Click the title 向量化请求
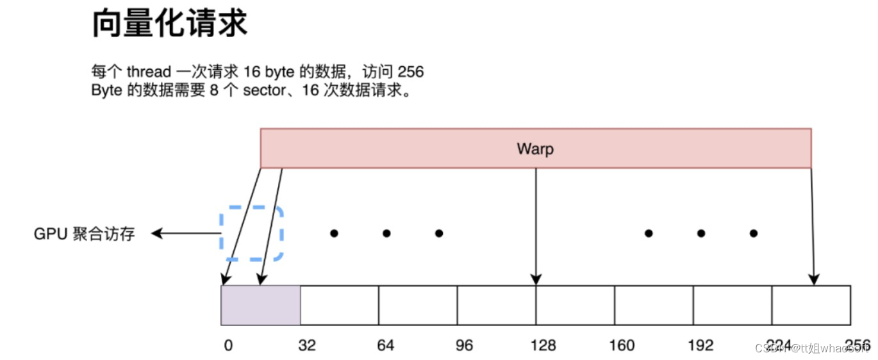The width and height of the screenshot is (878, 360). (x=169, y=24)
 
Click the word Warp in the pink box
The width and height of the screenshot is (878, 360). (x=535, y=149)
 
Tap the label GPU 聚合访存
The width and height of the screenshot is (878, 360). (x=84, y=234)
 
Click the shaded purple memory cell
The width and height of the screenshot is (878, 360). (x=260, y=305)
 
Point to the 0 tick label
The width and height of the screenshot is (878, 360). (x=228, y=346)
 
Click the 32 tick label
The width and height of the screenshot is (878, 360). (x=307, y=346)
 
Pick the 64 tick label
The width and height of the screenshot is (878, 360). (x=386, y=346)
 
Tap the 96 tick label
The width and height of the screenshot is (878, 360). (x=464, y=346)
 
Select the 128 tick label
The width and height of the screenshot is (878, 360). (x=543, y=346)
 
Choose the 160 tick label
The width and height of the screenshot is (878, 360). (x=622, y=346)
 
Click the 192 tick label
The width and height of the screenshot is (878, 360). (x=700, y=346)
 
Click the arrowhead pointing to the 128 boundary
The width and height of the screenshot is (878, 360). (x=536, y=280)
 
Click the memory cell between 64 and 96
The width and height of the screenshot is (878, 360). (x=418, y=305)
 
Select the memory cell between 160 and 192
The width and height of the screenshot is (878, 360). (x=654, y=305)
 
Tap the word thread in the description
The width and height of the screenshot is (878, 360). (x=149, y=71)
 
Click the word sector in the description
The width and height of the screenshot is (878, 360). (x=263, y=90)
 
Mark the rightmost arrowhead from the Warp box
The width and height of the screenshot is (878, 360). (x=813, y=280)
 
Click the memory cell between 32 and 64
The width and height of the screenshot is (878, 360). (x=339, y=305)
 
